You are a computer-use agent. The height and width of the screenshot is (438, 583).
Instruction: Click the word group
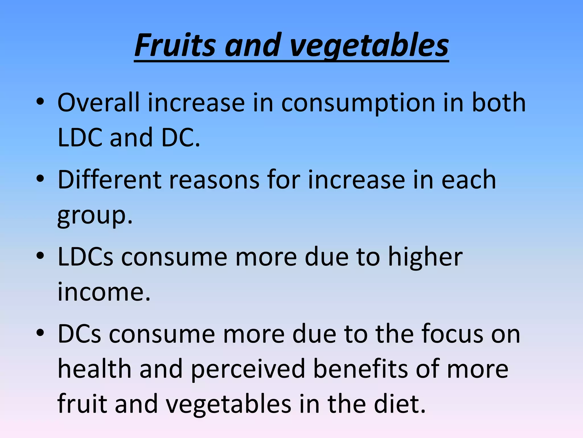(x=95, y=217)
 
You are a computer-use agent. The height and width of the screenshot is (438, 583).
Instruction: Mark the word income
(x=104, y=292)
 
